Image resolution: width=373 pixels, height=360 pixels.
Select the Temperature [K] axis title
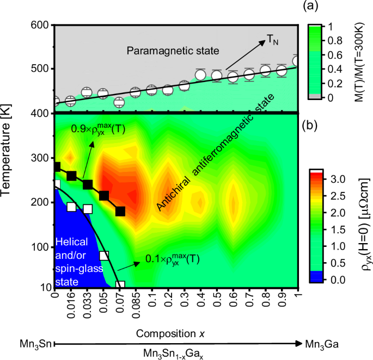10,156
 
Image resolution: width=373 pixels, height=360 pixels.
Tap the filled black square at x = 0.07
120,211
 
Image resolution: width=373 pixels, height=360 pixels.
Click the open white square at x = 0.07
120,284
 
